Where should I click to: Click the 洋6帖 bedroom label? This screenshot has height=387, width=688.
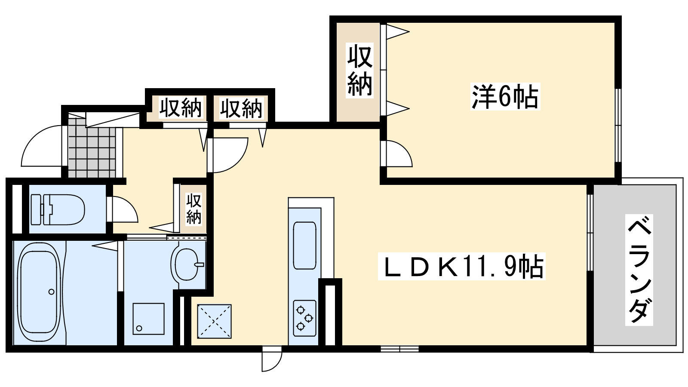pos(505,97)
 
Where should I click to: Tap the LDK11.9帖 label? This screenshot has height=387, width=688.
pos(461,267)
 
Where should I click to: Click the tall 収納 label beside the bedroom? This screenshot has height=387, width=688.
pos(359,71)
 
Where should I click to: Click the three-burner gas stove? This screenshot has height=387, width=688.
pos(304,318)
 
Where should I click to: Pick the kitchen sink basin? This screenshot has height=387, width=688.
pos(304,246)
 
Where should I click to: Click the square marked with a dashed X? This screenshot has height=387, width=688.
pos(214,321)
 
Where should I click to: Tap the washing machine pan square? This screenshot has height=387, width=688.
pos(148,319)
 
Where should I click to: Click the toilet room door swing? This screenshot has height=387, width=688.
pos(124,209)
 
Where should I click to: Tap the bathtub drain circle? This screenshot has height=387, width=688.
pos(52,292)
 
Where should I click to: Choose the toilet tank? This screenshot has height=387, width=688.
pos(36,209)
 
